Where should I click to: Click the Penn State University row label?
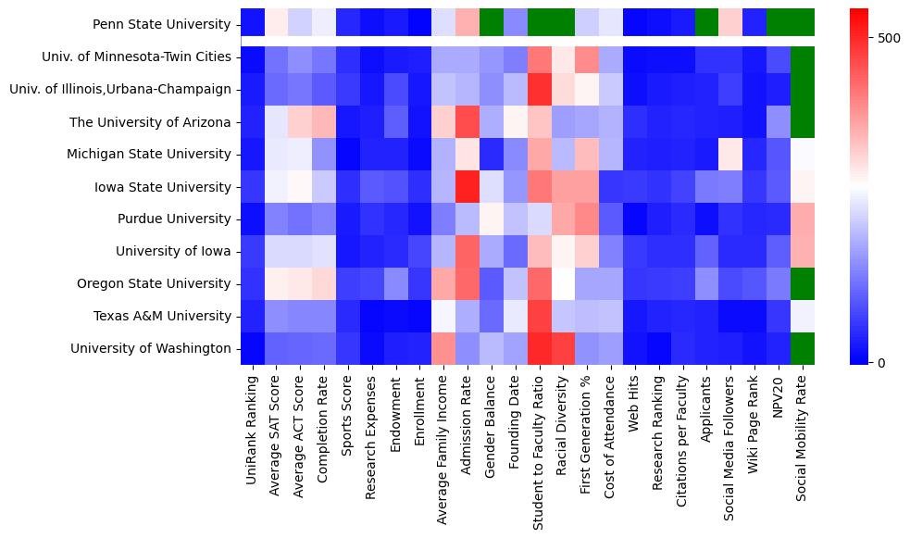162,24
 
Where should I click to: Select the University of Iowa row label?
173,251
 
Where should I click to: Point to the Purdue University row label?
175,219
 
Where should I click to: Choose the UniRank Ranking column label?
252,426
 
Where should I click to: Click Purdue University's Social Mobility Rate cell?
802,219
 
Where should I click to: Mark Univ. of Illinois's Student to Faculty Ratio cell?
539,89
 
